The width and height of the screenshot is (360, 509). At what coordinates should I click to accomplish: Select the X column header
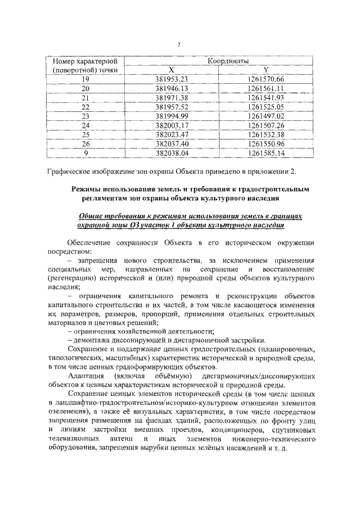(x=178, y=70)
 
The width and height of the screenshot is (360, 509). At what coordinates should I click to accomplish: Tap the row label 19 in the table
(x=85, y=79)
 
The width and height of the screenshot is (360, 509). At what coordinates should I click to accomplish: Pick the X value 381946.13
(x=178, y=88)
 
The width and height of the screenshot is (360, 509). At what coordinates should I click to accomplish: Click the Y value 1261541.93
(x=266, y=98)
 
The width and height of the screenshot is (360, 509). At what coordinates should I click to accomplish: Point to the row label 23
(x=85, y=116)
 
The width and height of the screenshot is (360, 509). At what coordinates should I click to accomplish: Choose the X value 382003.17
(x=178, y=125)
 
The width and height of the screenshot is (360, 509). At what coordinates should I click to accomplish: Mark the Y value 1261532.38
(x=266, y=134)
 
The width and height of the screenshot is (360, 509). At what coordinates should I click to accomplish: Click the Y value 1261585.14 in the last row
(x=266, y=152)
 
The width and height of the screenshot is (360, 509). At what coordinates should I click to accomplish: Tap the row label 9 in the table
(x=85, y=152)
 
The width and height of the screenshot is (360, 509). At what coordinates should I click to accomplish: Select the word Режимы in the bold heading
(x=88, y=191)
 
